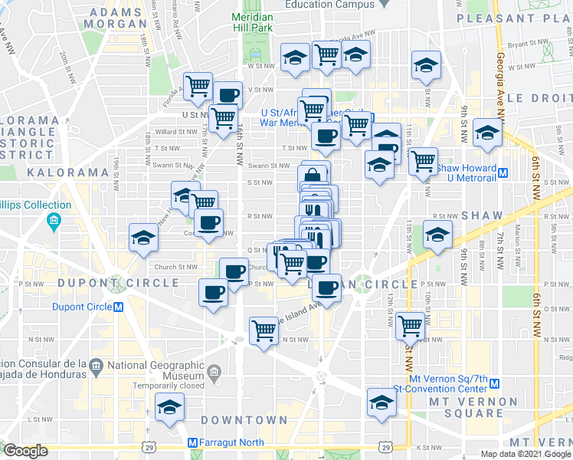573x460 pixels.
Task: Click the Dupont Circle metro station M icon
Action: [119, 307]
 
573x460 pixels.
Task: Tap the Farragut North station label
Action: [230, 443]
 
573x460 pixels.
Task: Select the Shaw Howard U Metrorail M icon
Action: [503, 172]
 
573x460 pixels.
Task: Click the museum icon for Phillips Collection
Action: [54, 223]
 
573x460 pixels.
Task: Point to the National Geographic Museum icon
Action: [214, 373]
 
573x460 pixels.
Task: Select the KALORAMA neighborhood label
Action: [67, 172]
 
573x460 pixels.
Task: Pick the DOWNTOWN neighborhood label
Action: [244, 420]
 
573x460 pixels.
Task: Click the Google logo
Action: [25, 451]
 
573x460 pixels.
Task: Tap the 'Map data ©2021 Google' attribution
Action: [525, 454]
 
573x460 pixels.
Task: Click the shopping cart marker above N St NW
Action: [264, 330]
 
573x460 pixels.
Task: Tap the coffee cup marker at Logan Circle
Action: [327, 288]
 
